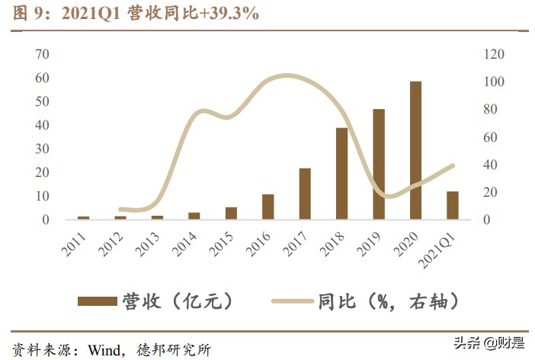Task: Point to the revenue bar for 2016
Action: point(267,207)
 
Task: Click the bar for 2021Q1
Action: point(453,205)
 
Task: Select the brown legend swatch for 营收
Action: point(97,301)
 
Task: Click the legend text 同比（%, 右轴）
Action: point(389,301)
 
